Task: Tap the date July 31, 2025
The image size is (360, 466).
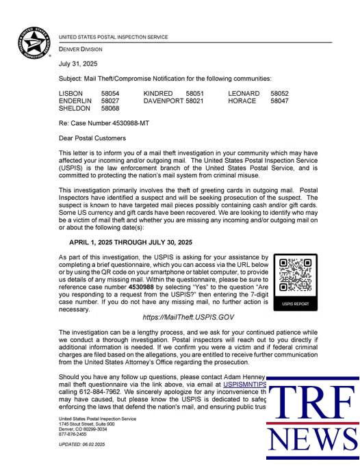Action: click(x=75, y=64)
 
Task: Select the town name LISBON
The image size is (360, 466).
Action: click(x=70, y=93)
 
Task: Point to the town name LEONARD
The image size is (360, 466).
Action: click(x=244, y=93)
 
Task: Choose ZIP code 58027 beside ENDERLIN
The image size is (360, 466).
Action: click(x=110, y=101)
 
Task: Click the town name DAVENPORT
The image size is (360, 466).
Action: click(x=163, y=101)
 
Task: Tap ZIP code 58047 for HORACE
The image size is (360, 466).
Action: click(x=279, y=101)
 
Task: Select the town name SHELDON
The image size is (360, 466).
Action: click(x=74, y=108)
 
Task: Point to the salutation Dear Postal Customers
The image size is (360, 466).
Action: click(x=92, y=138)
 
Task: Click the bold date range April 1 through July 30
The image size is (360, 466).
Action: click(x=131, y=242)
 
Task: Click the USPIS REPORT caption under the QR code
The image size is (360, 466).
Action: click(x=296, y=302)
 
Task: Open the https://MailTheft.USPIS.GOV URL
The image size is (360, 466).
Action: click(x=189, y=318)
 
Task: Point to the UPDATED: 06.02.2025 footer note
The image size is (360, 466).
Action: click(x=83, y=445)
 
